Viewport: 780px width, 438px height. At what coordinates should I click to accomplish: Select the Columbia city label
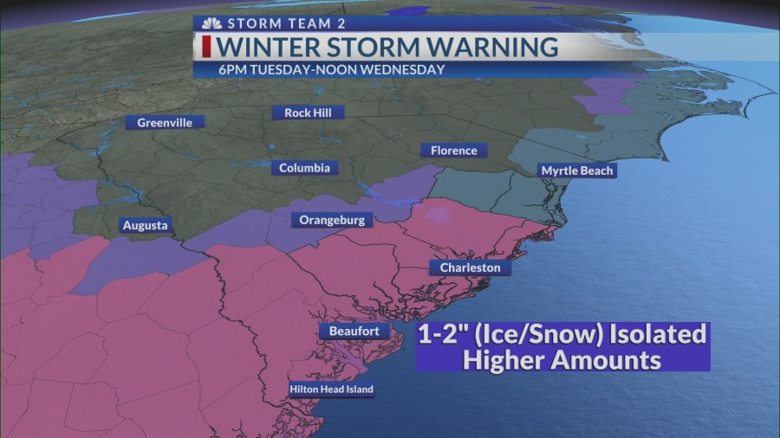coord(304,168)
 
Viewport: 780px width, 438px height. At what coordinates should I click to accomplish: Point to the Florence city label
coord(453,151)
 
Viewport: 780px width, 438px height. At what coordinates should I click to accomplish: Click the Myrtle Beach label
coord(577,171)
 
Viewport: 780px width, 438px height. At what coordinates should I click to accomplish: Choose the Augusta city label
coord(145,225)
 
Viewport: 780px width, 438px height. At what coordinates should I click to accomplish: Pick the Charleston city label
coord(470,267)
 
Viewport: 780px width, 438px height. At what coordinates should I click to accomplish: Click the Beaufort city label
coord(354,331)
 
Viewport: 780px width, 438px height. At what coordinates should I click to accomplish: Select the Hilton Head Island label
coord(331,390)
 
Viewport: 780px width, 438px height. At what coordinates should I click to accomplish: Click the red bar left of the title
coord(207,47)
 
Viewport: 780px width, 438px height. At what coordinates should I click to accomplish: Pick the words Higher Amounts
coord(562,358)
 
